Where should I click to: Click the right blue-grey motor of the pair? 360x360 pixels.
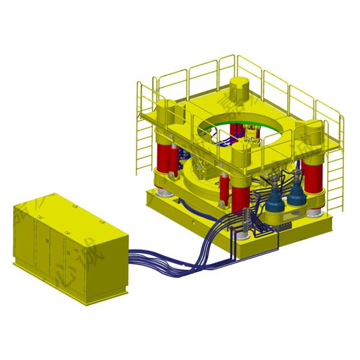[296, 196]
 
